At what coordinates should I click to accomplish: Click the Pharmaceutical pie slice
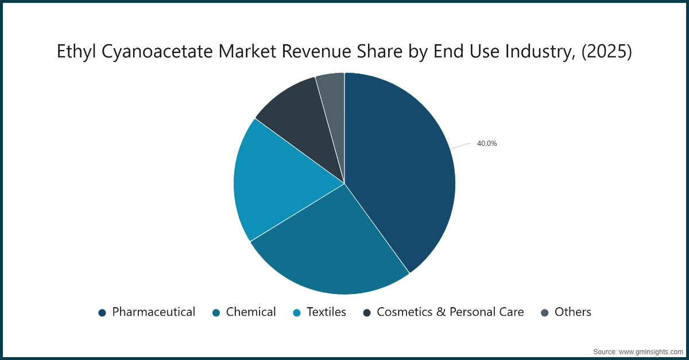click(x=402, y=172)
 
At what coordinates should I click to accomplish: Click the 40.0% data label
click(x=486, y=144)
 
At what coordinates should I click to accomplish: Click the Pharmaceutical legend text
click(x=153, y=312)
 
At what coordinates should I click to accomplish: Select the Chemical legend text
click(x=251, y=312)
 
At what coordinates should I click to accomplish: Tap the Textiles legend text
click(x=326, y=312)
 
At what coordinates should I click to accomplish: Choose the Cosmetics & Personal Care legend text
click(x=450, y=312)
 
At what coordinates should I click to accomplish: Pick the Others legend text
click(x=572, y=312)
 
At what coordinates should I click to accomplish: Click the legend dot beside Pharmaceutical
click(x=102, y=312)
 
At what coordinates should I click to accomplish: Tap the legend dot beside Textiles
click(x=297, y=312)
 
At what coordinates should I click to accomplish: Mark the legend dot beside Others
click(x=545, y=312)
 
